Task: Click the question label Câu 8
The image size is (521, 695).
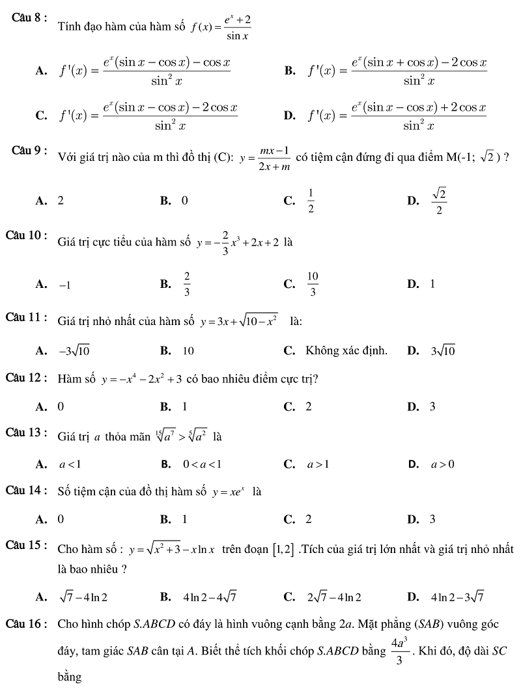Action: point(29,18)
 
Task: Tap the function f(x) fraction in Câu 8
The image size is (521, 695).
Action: point(221,27)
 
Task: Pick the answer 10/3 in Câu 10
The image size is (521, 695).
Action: point(313,284)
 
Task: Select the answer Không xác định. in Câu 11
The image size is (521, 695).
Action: point(346,351)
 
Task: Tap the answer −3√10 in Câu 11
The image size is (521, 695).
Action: point(74,351)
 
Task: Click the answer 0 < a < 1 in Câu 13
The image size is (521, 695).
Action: point(202,464)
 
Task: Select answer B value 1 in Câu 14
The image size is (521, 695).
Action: point(185,519)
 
